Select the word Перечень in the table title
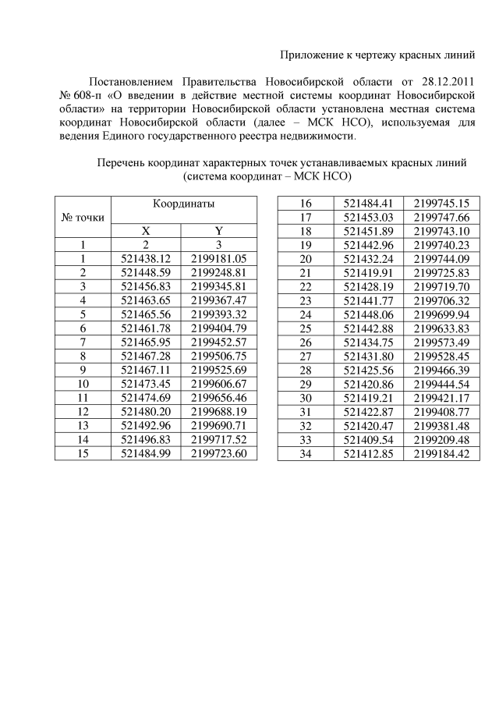[121, 163]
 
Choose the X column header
[145, 231]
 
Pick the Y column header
[218, 231]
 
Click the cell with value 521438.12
[146, 258]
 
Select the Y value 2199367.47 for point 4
[218, 300]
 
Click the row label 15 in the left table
[82, 452]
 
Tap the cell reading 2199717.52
[218, 438]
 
